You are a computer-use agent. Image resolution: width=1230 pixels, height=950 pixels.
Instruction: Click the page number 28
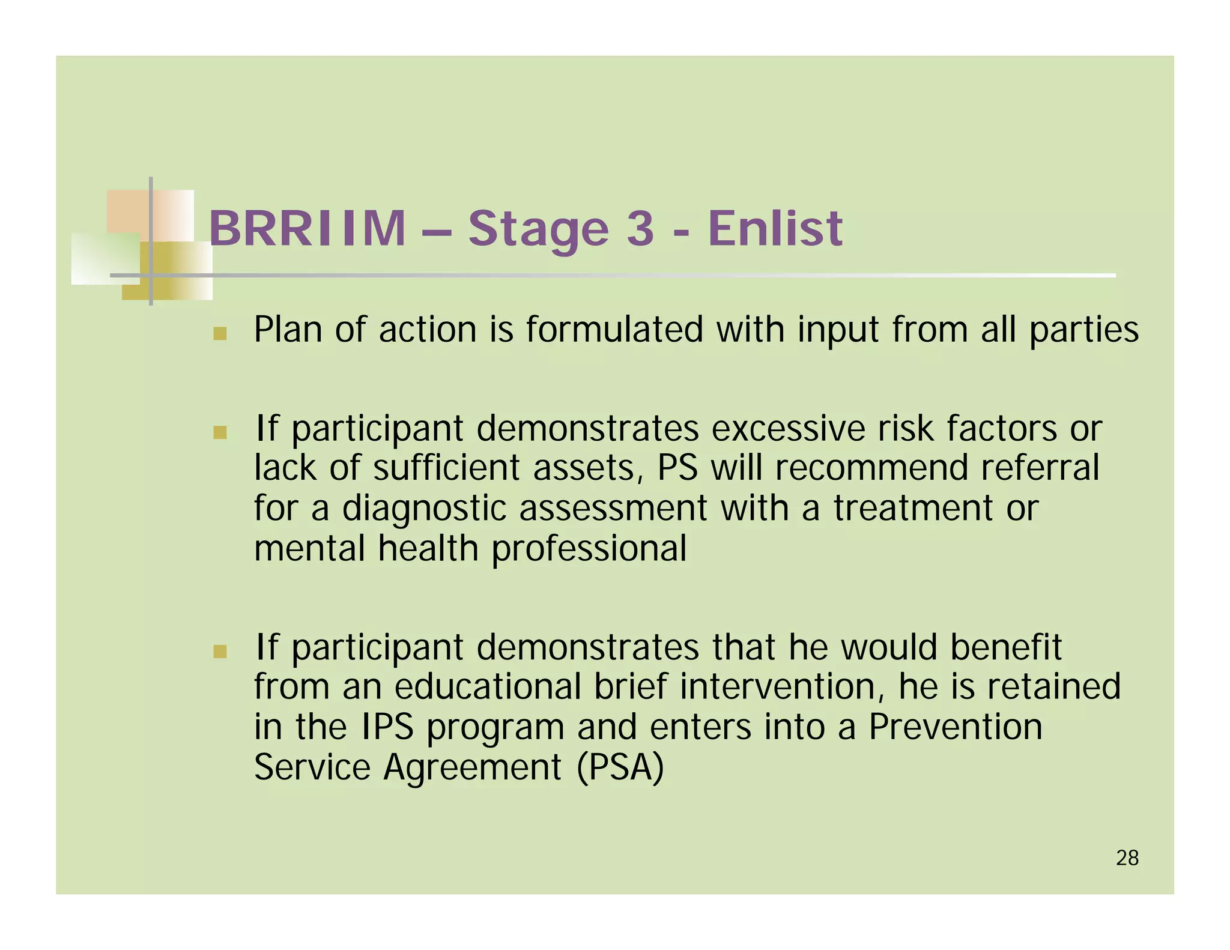pos(1127,858)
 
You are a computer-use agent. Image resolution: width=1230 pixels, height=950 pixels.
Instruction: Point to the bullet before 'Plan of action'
pos(220,333)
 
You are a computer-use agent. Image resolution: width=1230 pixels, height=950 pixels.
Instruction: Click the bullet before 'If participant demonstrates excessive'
pos(220,432)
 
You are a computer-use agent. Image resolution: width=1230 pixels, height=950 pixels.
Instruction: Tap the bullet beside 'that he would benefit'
pos(220,651)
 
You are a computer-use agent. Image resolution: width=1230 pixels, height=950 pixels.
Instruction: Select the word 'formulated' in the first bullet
pos(614,330)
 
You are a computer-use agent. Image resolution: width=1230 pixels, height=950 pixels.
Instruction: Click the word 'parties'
pos(1083,330)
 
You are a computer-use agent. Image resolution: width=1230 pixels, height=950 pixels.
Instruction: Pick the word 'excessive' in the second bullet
pos(787,429)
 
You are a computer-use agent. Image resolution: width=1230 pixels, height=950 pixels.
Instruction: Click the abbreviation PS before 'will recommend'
pos(677,468)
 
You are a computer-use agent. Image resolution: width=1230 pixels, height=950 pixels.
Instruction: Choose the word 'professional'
pos(589,548)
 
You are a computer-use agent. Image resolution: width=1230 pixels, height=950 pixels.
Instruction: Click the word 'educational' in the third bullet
pos(487,686)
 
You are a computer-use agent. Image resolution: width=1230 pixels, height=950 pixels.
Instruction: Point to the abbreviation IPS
pos(388,727)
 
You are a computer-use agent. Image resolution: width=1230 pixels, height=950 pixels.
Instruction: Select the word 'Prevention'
pos(955,727)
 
